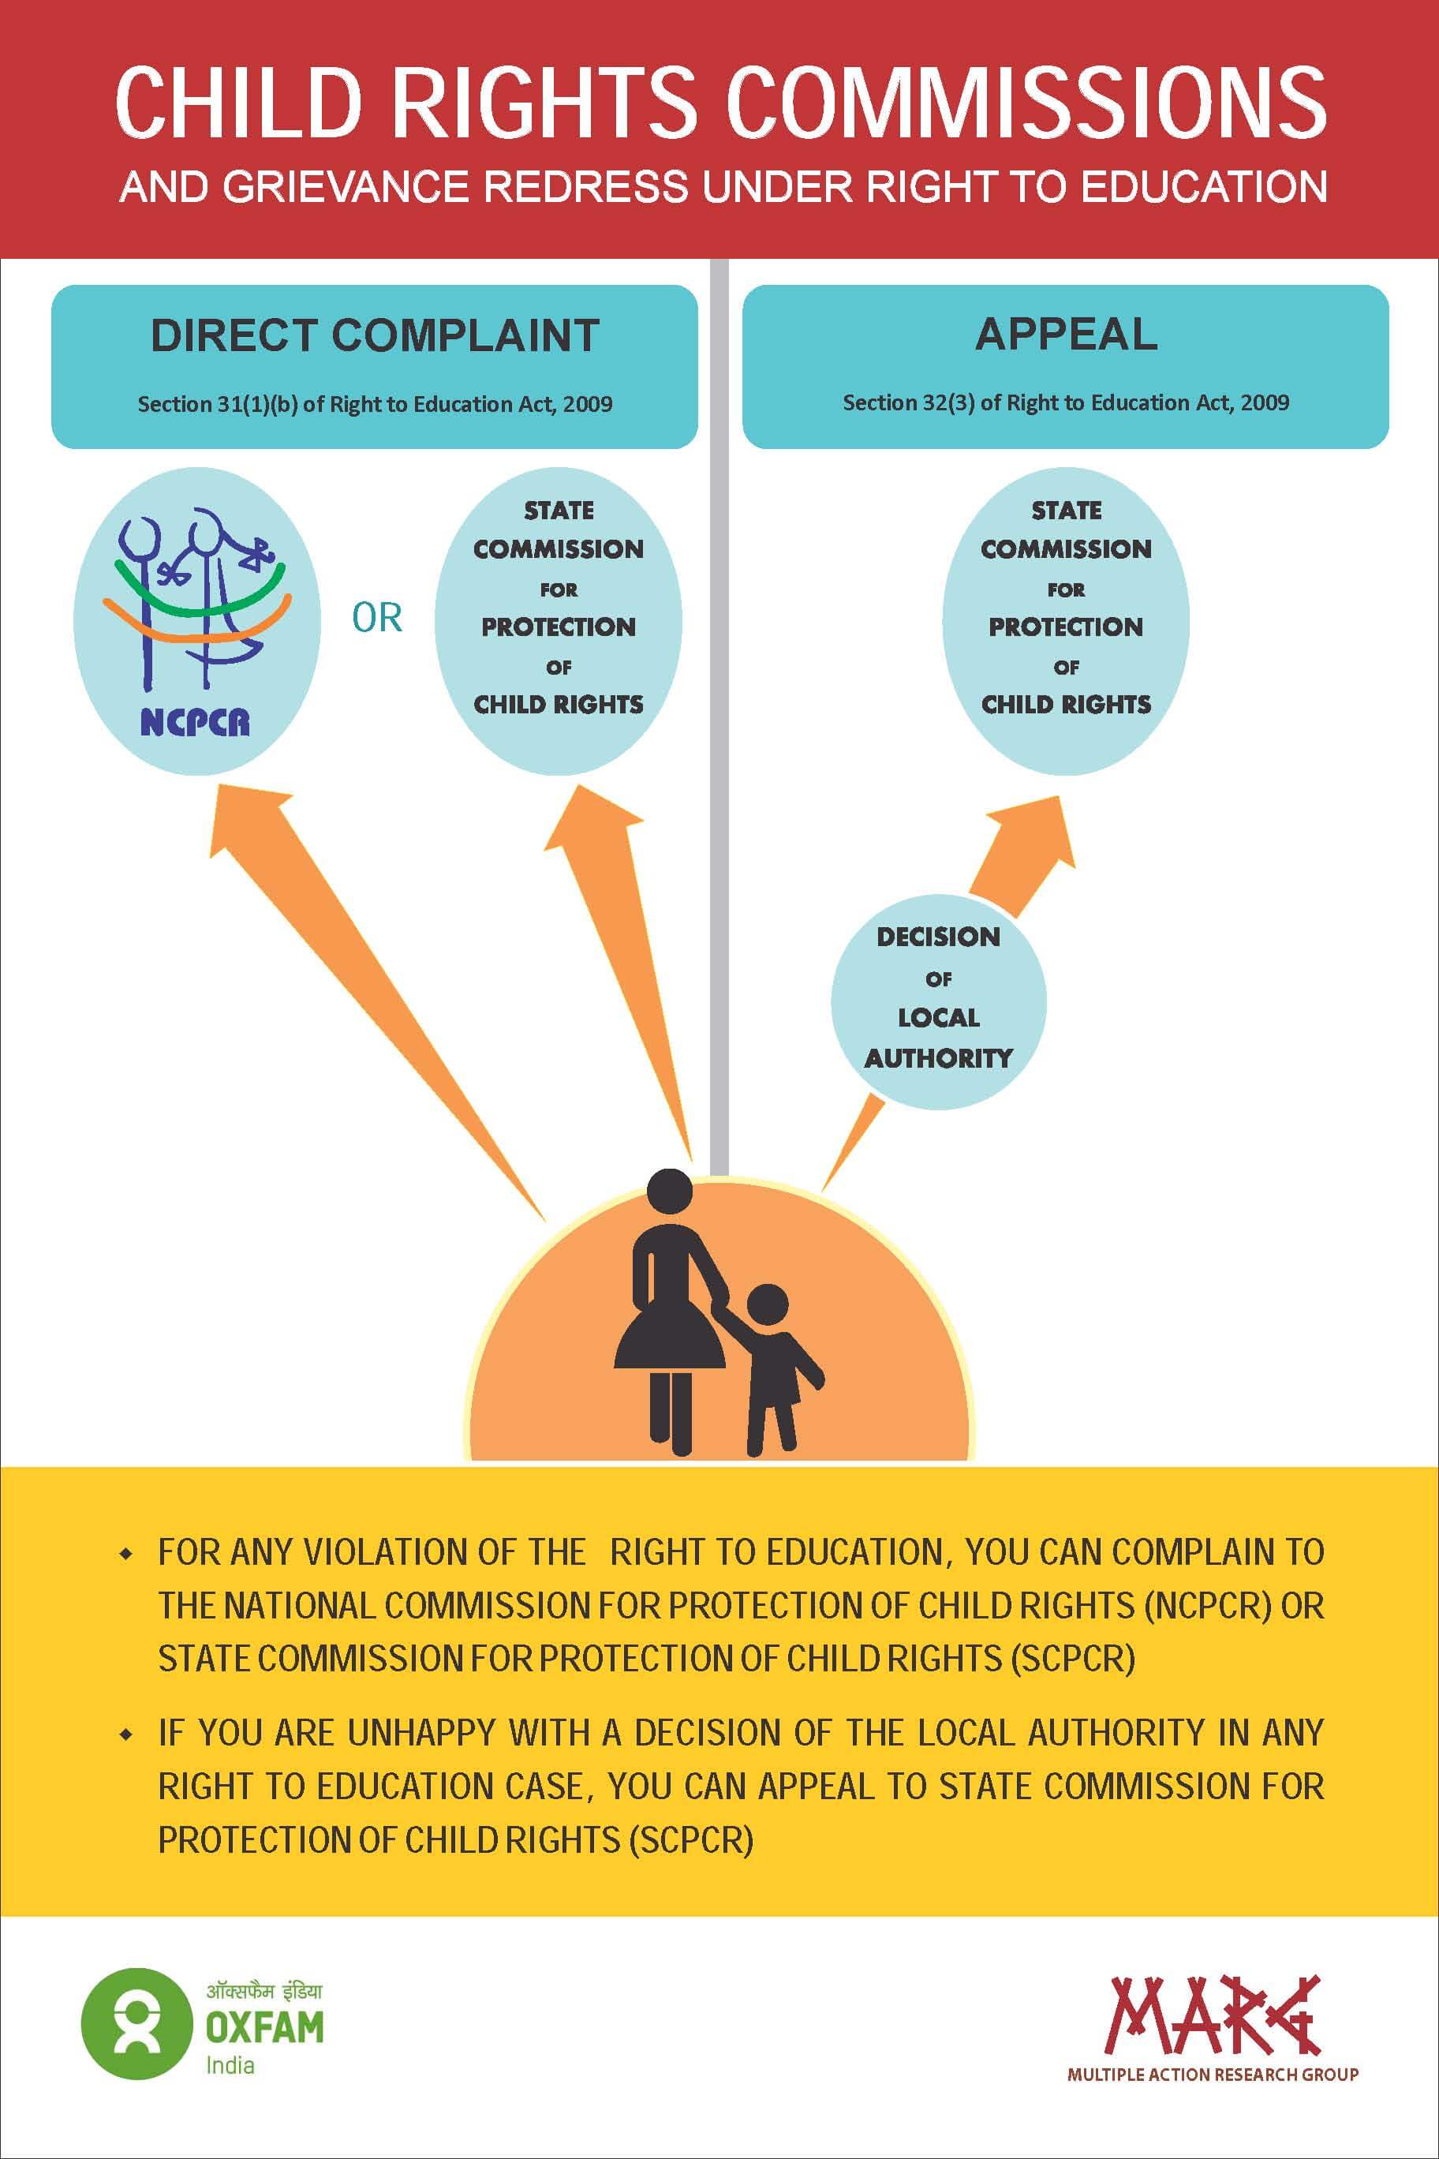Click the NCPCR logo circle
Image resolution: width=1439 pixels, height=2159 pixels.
[x=196, y=622]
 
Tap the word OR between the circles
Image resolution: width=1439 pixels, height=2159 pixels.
[x=377, y=619]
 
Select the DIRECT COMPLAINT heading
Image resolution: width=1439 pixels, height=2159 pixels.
[x=375, y=336]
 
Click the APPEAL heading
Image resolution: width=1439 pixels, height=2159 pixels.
[x=1066, y=334]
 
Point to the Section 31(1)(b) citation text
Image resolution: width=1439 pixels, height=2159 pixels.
[x=375, y=404]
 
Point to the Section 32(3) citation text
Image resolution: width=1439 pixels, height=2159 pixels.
[x=1066, y=403]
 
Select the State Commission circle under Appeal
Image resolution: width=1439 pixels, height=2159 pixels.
[x=1066, y=622]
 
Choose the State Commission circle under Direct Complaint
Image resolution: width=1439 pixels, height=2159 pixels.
[x=558, y=622]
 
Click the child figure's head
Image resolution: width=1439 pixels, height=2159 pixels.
[x=767, y=1304]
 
